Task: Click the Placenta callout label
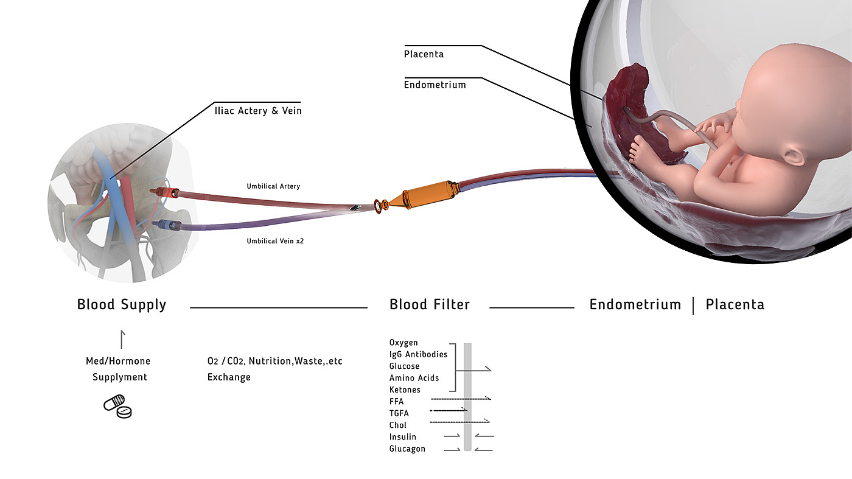click(x=424, y=54)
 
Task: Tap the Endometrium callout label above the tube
click(x=435, y=85)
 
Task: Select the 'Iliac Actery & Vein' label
click(x=257, y=111)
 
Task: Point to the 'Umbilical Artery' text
click(x=273, y=186)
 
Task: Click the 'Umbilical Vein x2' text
click(x=275, y=241)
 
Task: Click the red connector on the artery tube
click(x=166, y=192)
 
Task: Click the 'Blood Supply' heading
click(x=121, y=304)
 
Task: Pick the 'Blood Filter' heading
click(x=430, y=304)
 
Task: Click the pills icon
click(x=118, y=407)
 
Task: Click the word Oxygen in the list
click(x=403, y=343)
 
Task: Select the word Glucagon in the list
click(x=407, y=449)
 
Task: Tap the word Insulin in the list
click(x=403, y=437)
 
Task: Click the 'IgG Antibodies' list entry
click(x=418, y=354)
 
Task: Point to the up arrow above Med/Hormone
click(x=123, y=339)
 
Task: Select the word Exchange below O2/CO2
click(x=229, y=377)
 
